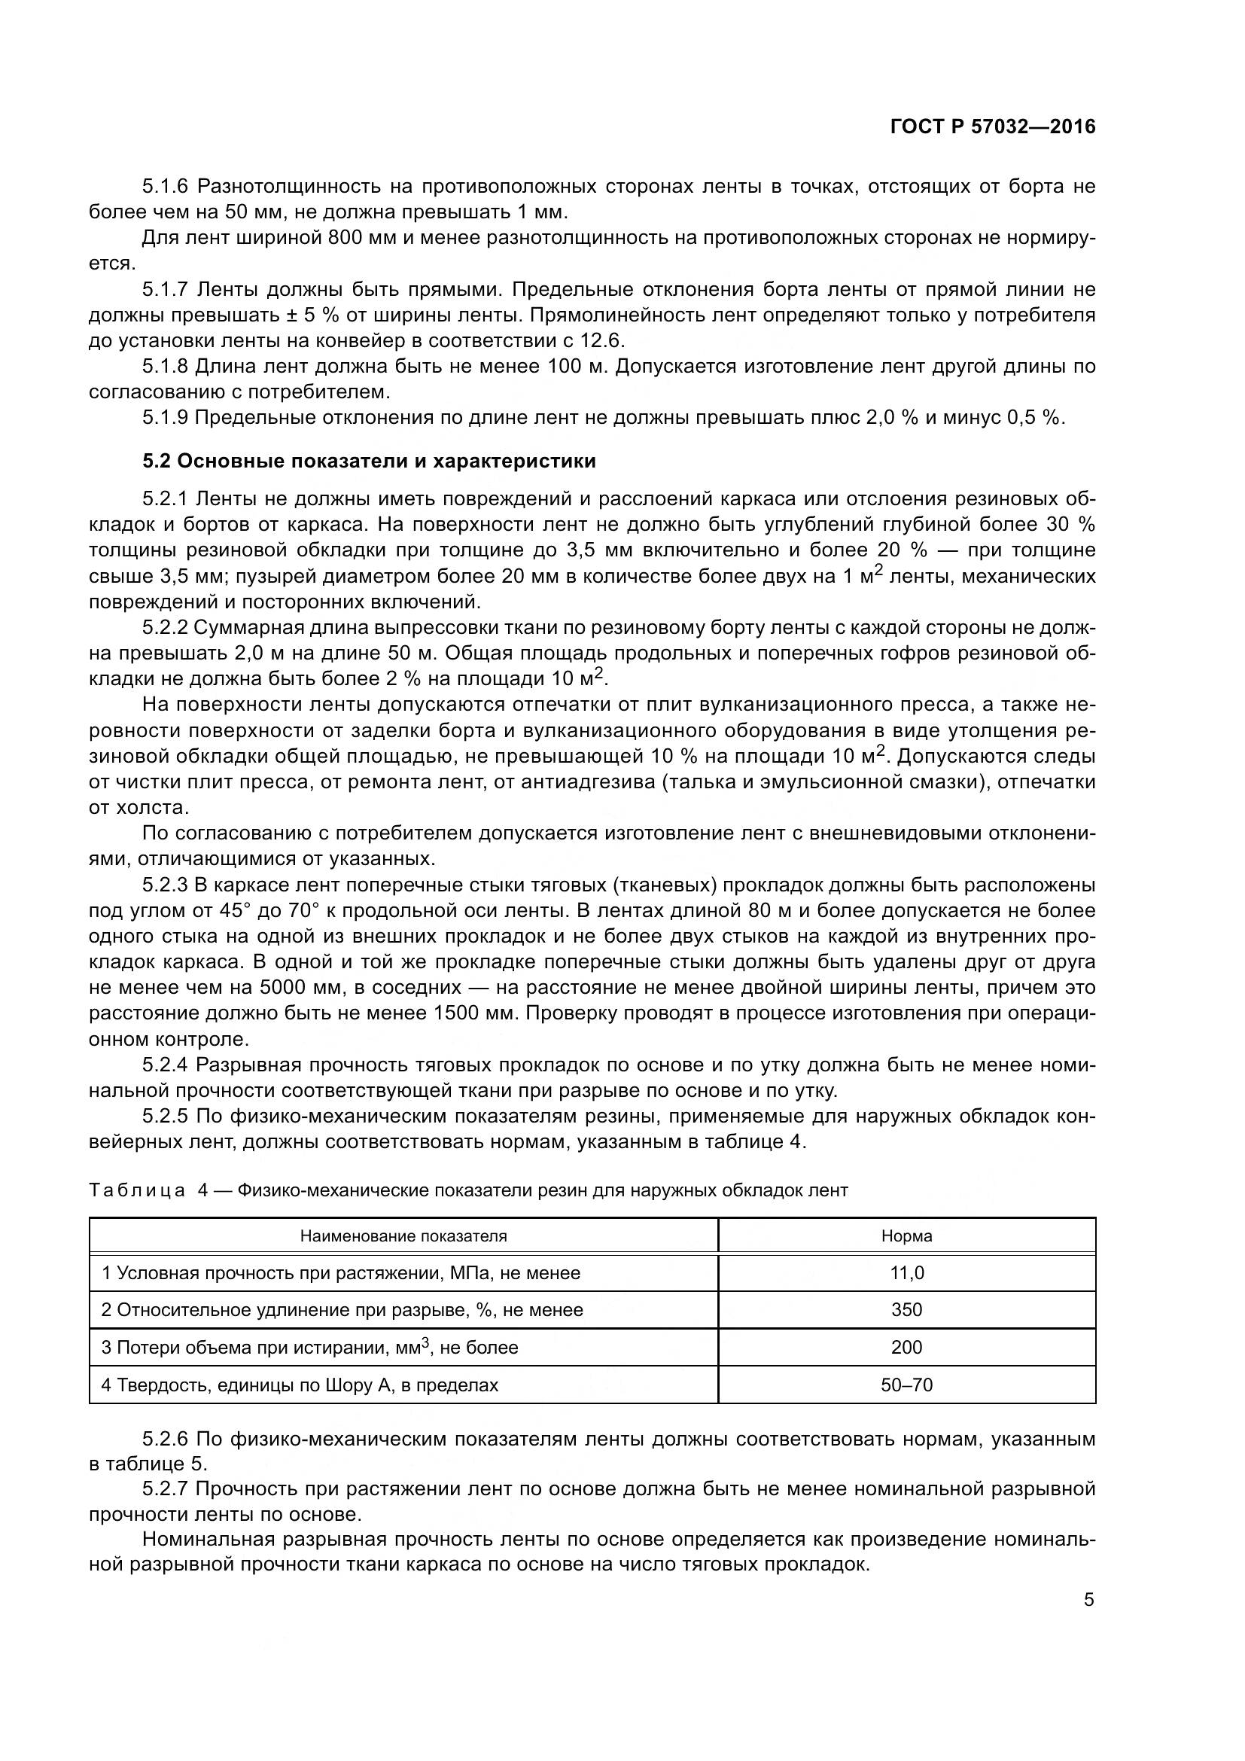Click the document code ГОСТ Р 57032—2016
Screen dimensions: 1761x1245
(993, 127)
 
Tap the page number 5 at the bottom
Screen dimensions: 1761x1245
(1088, 1600)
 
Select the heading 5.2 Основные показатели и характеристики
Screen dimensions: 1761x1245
(369, 462)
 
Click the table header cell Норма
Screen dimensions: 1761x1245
(906, 1236)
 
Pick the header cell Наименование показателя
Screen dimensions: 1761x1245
(403, 1236)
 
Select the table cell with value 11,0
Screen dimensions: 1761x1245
(906, 1273)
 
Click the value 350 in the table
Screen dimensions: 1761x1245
(906, 1310)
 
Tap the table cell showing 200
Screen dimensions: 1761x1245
(906, 1348)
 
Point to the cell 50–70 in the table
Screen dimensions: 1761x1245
(906, 1385)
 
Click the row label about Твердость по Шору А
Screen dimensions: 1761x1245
(300, 1385)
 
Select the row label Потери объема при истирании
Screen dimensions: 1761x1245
(309, 1348)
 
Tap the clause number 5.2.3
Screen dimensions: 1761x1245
(165, 885)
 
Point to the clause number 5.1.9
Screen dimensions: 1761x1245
(165, 418)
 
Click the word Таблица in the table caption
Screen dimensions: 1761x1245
(137, 1190)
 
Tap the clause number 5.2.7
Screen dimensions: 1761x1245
(165, 1489)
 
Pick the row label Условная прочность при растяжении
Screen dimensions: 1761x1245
(340, 1273)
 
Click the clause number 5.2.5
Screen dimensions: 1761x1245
(165, 1116)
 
